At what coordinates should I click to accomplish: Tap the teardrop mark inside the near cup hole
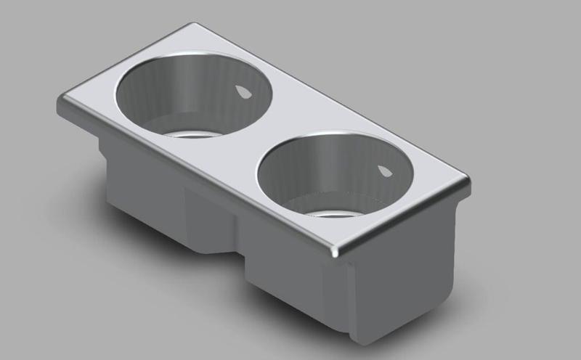click(383, 171)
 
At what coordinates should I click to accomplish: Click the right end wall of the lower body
click(407, 276)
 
